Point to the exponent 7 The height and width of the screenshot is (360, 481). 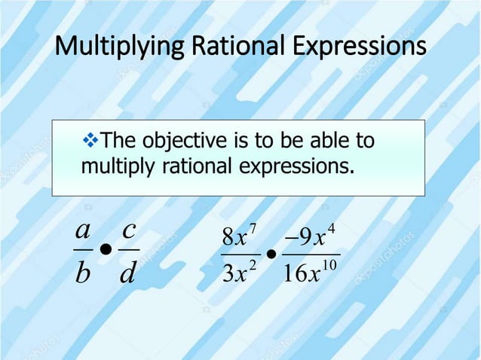(253, 227)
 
